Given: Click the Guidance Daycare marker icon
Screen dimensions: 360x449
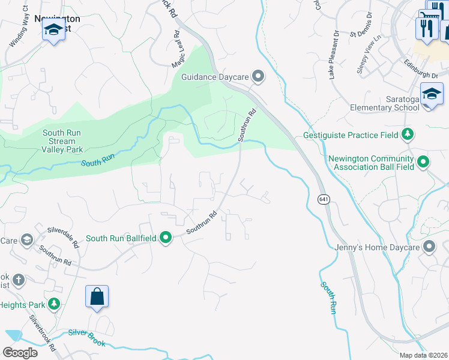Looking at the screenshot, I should click(258, 76).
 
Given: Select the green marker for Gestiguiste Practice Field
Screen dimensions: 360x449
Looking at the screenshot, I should click(408, 134).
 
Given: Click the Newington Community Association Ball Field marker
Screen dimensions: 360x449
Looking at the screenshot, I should click(423, 161).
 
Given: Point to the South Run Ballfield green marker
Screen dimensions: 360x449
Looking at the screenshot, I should click(166, 238).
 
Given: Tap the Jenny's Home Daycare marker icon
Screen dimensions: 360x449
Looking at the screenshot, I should click(429, 247).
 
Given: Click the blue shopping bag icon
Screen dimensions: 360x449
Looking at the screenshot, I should click(97, 296).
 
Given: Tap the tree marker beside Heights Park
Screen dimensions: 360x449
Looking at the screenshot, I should click(55, 305).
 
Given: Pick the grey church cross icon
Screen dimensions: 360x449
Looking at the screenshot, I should click(19, 280).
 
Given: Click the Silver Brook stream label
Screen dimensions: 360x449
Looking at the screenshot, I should click(86, 338).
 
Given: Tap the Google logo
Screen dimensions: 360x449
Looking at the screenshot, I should click(20, 353).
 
